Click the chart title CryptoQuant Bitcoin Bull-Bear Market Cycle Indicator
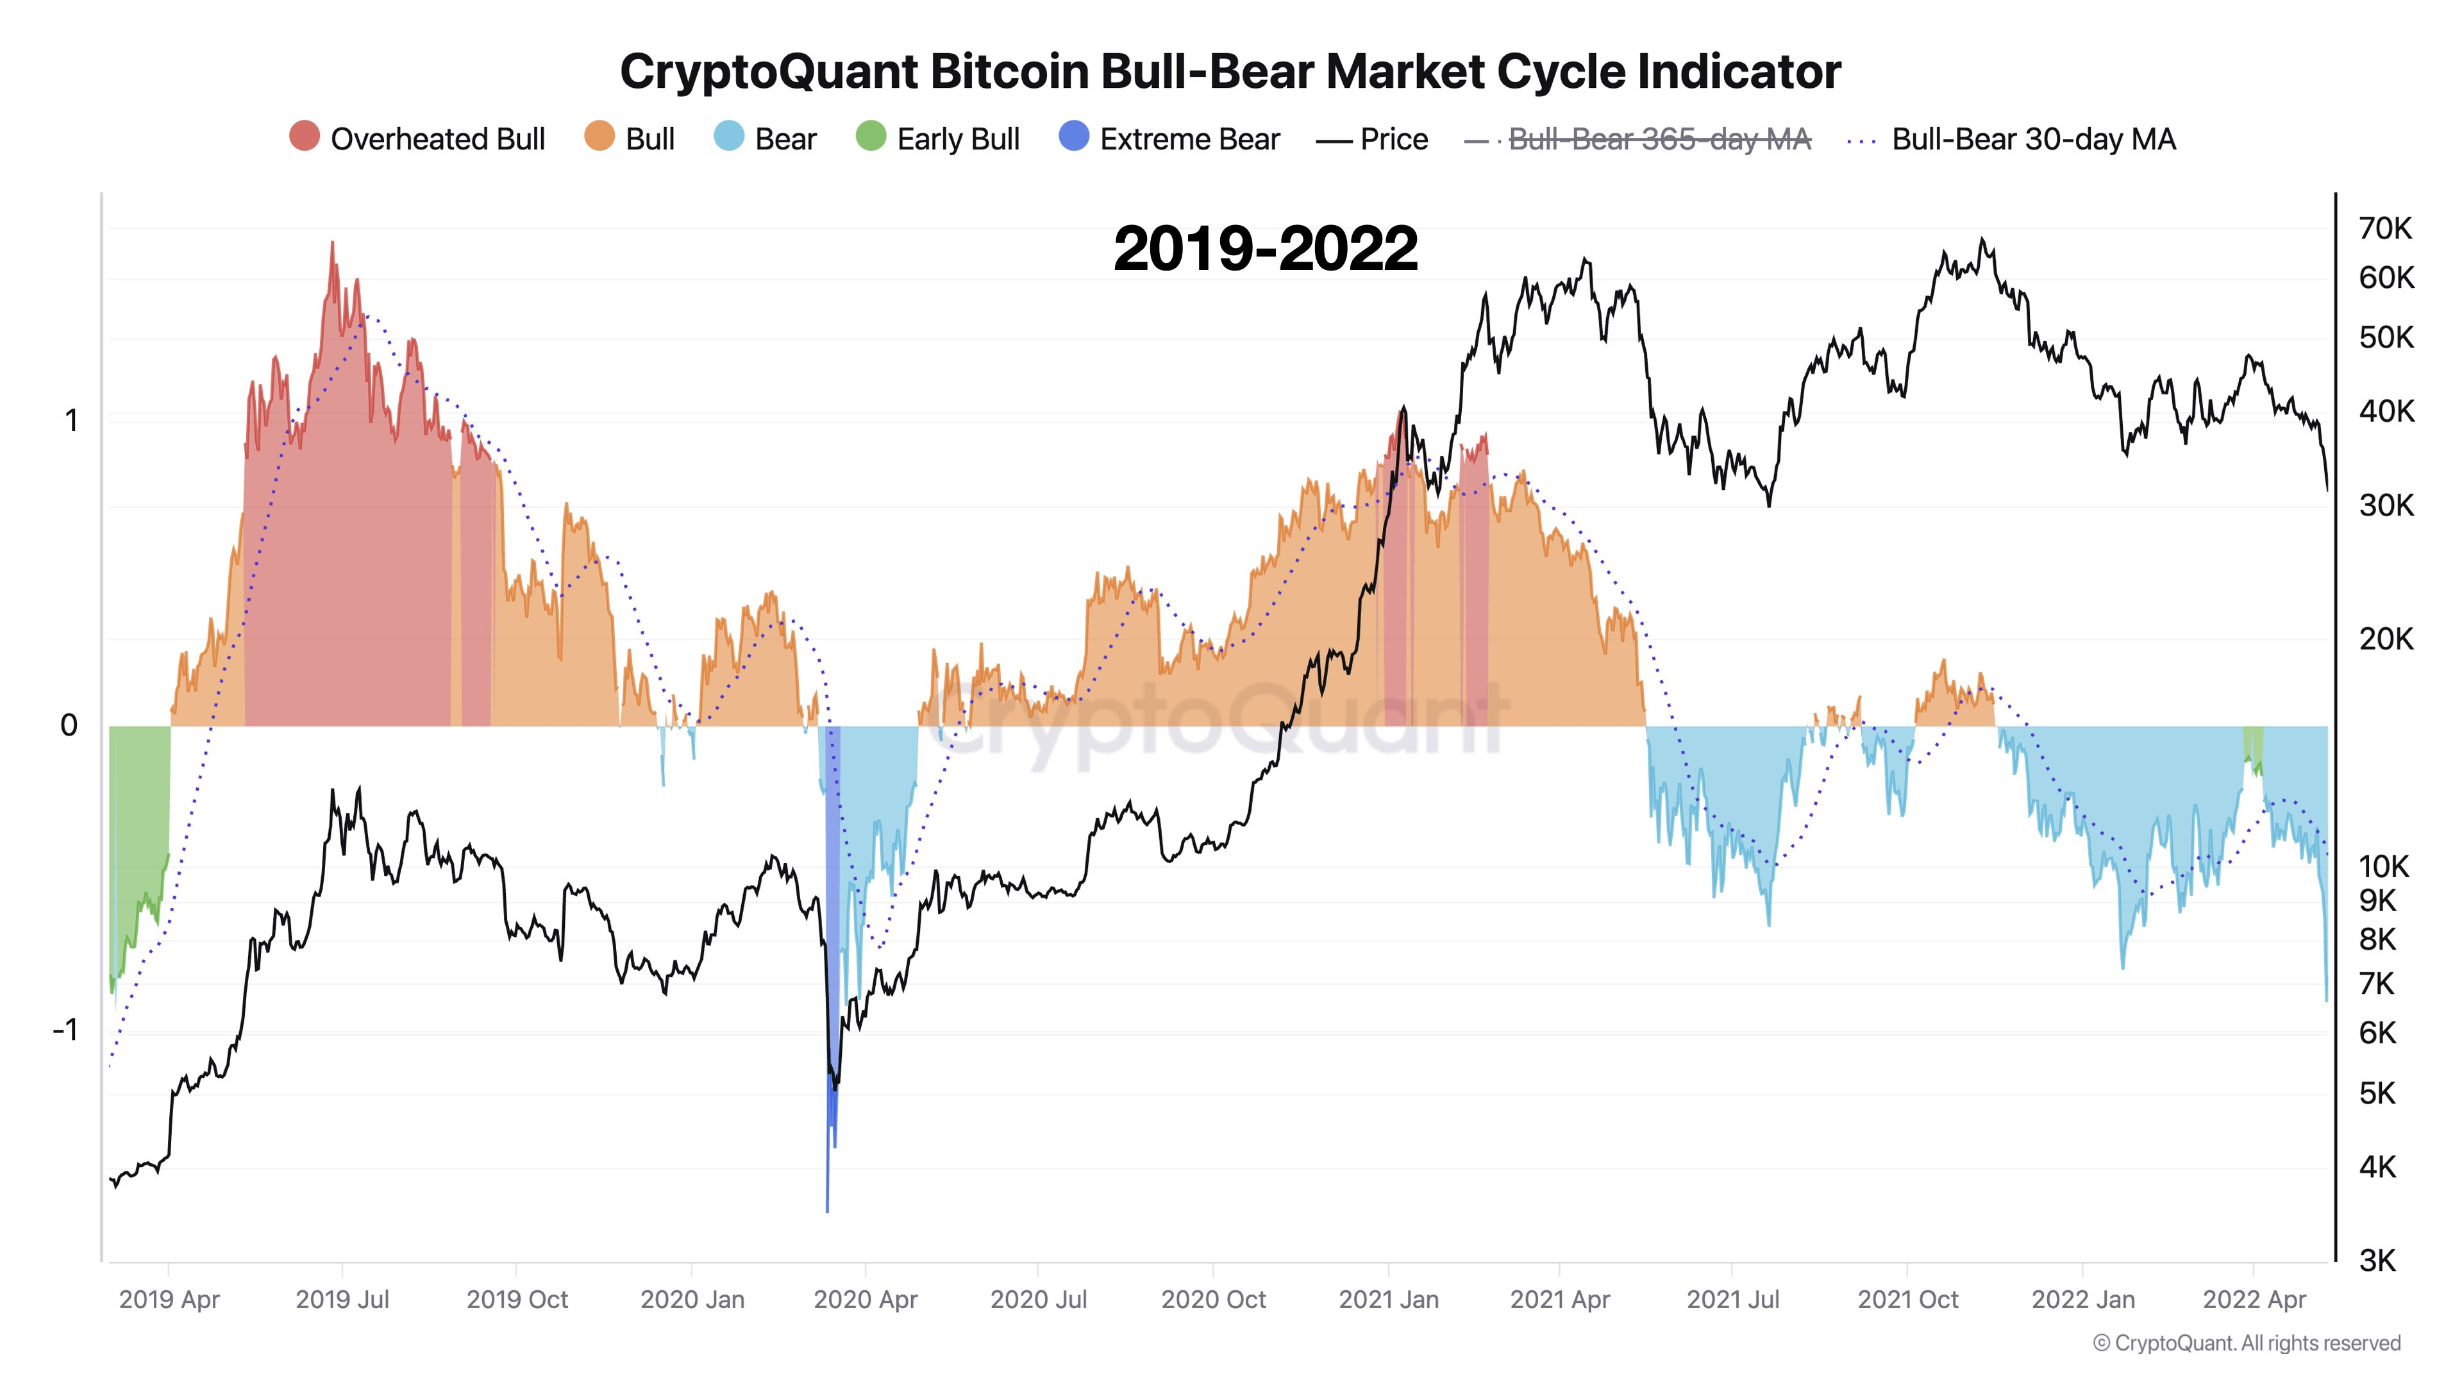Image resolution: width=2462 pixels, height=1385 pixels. pyautogui.click(x=1230, y=72)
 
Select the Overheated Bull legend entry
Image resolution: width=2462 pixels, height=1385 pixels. pyautogui.click(x=417, y=138)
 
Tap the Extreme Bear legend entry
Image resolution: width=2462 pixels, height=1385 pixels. pyautogui.click(x=1170, y=138)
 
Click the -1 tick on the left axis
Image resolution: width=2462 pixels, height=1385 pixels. pyautogui.click(x=65, y=1029)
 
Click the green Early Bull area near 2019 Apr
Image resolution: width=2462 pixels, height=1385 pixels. pyautogui.click(x=138, y=812)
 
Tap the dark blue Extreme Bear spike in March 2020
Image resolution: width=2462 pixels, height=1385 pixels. pyautogui.click(x=830, y=1099)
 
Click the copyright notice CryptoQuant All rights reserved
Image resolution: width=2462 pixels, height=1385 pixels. pyautogui.click(x=2246, y=1343)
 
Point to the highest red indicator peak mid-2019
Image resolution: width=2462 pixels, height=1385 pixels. pyautogui.click(x=333, y=247)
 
